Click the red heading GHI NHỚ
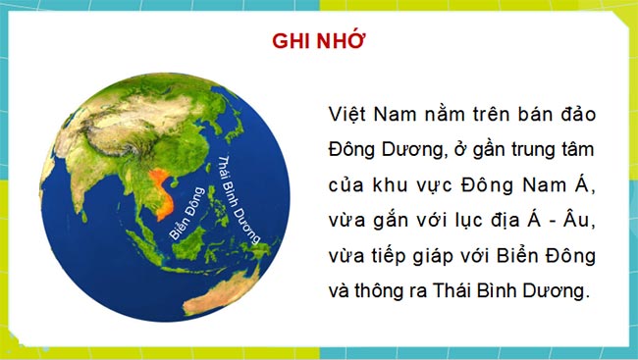pos(318,42)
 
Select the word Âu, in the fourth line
pos(581,220)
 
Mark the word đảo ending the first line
pos(574,114)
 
